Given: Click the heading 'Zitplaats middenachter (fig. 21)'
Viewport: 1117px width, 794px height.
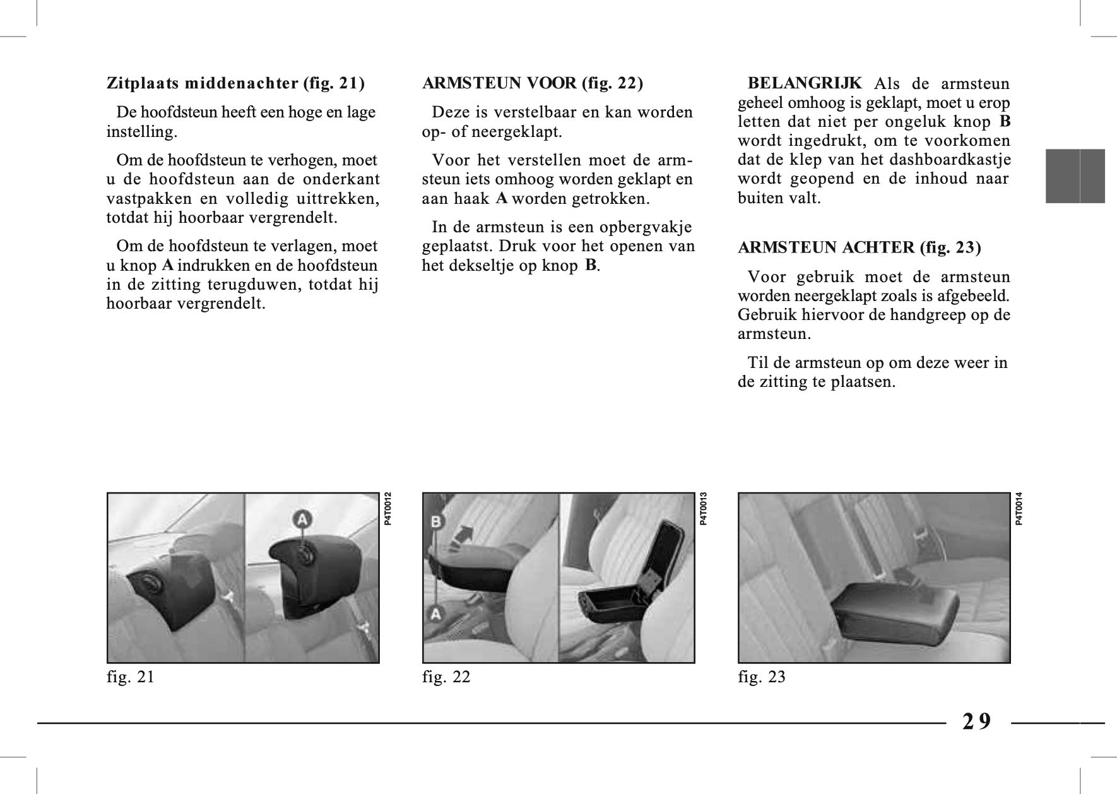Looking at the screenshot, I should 235,83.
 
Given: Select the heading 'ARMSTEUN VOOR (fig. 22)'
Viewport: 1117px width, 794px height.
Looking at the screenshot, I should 532,83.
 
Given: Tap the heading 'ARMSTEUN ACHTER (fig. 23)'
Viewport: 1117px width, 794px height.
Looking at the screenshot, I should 859,247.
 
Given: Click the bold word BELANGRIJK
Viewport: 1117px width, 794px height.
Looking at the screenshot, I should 804,83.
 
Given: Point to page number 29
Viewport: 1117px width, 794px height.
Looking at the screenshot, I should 977,721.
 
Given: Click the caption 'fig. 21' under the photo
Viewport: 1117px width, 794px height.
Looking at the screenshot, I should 131,677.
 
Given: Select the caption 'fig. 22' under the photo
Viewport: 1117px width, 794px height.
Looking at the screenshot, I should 446,677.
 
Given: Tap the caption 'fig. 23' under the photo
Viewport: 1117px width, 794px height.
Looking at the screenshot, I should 762,677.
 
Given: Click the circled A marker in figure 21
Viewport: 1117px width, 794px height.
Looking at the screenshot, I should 303,520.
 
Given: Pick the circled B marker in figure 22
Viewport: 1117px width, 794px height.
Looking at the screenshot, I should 436,522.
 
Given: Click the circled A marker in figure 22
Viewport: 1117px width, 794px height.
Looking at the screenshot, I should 435,612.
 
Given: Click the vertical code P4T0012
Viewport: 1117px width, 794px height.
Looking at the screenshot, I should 388,509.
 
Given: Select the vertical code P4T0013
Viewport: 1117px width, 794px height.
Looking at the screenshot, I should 704,509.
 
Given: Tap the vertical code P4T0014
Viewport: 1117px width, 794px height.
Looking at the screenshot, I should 1019,509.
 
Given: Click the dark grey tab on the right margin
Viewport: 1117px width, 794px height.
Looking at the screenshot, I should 1075,176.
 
